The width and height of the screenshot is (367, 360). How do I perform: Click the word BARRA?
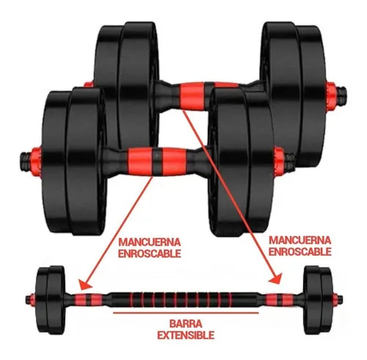tap(186, 324)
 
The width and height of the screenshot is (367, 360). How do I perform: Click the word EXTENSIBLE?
tap(186, 335)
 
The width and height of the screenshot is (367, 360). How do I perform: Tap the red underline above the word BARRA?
tap(186, 313)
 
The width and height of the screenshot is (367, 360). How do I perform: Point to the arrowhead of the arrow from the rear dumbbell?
tap(275, 278)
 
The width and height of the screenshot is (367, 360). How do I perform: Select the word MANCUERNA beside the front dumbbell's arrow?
tap(150, 242)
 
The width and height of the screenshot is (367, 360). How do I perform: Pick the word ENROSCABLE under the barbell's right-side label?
tap(300, 251)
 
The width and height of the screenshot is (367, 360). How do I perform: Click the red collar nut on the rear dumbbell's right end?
tap(331, 92)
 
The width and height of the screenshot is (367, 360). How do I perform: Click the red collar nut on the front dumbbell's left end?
tap(36, 158)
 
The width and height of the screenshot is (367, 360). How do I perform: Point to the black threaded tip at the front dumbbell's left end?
tap(25, 159)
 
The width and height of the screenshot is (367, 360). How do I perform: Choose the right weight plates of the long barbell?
tap(319, 300)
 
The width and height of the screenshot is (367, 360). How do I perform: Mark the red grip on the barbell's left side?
tap(88, 299)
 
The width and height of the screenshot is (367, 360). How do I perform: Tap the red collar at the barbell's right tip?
tap(335, 300)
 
